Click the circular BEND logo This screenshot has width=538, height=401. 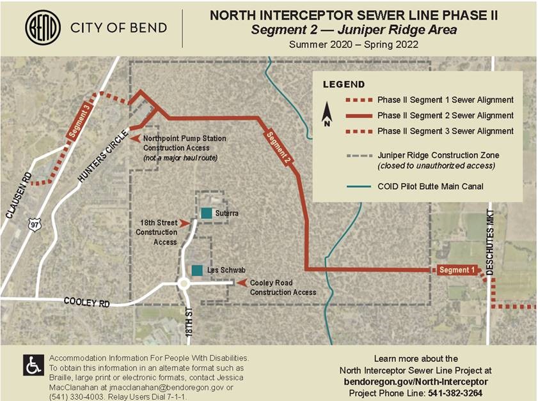[x=43, y=27]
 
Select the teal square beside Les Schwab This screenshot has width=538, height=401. [x=198, y=271]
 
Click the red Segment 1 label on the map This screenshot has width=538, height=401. [x=456, y=270]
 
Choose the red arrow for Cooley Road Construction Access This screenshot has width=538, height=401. [x=242, y=283]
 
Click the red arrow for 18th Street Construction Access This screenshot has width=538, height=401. [x=186, y=223]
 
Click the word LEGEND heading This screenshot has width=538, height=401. [x=344, y=84]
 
